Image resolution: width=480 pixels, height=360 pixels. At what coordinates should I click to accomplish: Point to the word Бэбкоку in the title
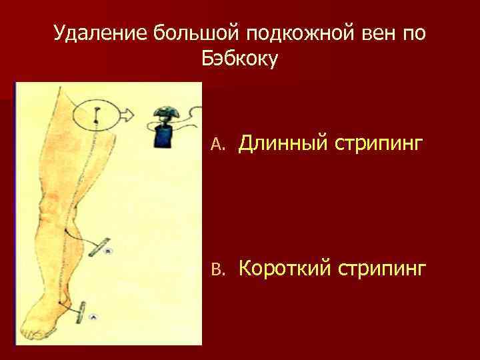239,59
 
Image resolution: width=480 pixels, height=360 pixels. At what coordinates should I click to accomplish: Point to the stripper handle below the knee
101,247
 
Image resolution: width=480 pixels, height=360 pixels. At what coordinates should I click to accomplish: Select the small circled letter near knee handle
110,251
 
